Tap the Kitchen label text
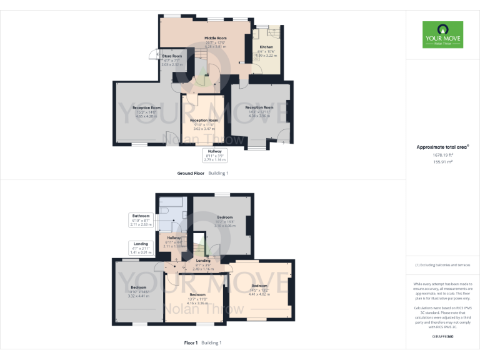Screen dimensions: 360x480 coord(267,47)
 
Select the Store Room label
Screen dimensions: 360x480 coord(172,56)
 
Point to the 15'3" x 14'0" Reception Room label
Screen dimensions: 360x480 coord(147,107)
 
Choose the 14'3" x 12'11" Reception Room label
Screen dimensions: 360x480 coord(259,107)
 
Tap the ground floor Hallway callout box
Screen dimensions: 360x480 coord(217,155)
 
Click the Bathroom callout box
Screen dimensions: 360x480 coord(141,220)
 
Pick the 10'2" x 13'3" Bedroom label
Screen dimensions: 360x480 coord(224,217)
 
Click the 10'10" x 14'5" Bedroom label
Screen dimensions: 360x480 coord(139,287)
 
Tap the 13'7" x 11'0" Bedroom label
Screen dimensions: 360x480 coord(197,294)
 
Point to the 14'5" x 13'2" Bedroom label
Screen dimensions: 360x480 coord(259,286)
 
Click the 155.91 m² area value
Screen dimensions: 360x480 coord(442,161)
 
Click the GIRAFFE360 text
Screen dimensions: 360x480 coord(442,336)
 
